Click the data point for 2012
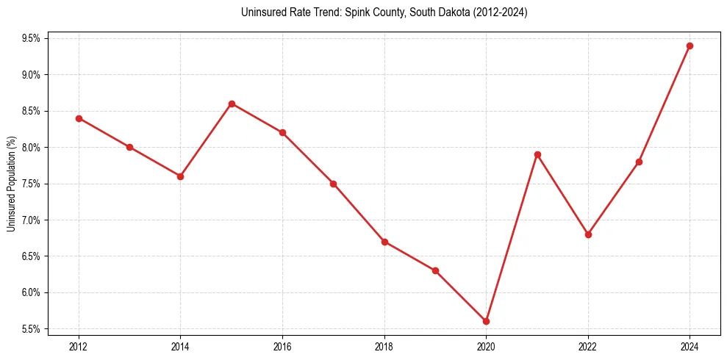[x=79, y=118]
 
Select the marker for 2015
[x=232, y=104]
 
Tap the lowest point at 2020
[x=486, y=321]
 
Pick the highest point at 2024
[x=690, y=46]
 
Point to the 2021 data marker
[x=537, y=154]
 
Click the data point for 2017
[x=333, y=184]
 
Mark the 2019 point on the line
[x=435, y=270]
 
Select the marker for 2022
[x=588, y=234]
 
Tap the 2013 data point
[x=129, y=147]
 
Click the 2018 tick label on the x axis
[x=384, y=345]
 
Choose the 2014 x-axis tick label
[x=180, y=345]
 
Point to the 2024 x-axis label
[x=690, y=345]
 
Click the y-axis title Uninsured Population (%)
[x=11, y=184]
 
